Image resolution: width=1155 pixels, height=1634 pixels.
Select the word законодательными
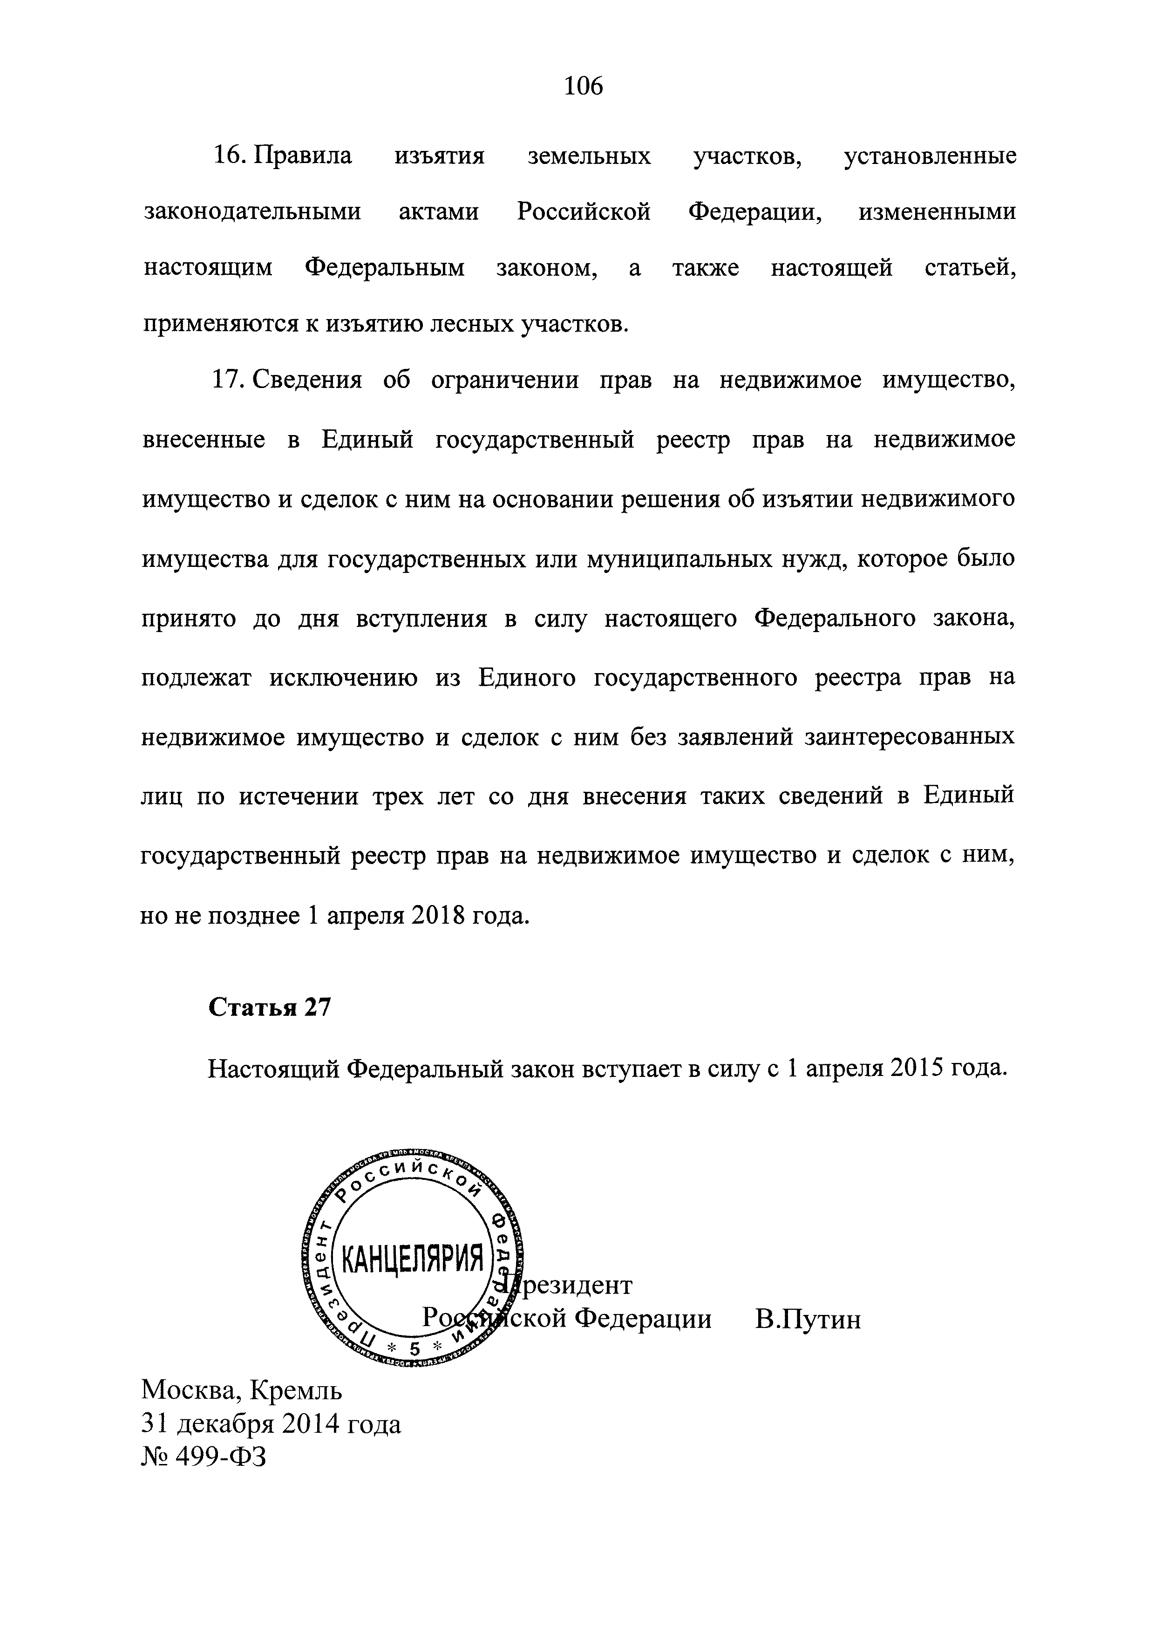(x=252, y=212)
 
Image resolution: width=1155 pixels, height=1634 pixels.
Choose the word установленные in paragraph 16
(x=930, y=155)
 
